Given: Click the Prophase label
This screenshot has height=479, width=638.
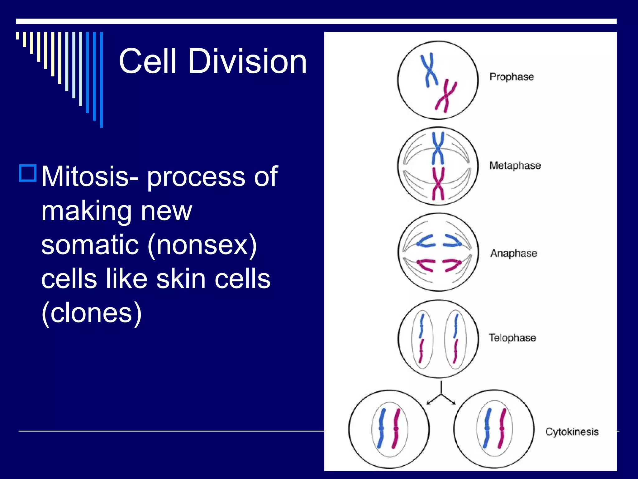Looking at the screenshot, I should pyautogui.click(x=512, y=77).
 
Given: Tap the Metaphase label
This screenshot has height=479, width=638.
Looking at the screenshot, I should pyautogui.click(x=515, y=165).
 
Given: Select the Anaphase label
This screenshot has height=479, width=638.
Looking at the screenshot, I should pyautogui.click(x=514, y=253).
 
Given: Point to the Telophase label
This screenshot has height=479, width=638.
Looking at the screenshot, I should pyautogui.click(x=512, y=338).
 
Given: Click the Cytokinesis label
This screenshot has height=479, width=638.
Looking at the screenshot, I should pyautogui.click(x=572, y=432).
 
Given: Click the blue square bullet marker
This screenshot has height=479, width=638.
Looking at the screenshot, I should pyautogui.click(x=28, y=173).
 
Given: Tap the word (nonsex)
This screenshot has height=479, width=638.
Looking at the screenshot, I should pyautogui.click(x=202, y=245).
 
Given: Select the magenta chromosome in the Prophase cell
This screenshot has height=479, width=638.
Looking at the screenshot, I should pyautogui.click(x=446, y=96).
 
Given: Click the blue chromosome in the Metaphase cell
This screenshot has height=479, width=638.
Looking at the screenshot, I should pyautogui.click(x=438, y=148).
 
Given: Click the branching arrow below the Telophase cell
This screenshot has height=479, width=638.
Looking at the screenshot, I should pyautogui.click(x=441, y=394).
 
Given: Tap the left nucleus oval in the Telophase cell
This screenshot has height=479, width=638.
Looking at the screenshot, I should pyautogui.click(x=422, y=339).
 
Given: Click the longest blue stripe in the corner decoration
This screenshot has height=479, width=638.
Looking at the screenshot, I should pyautogui.click(x=101, y=80).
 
